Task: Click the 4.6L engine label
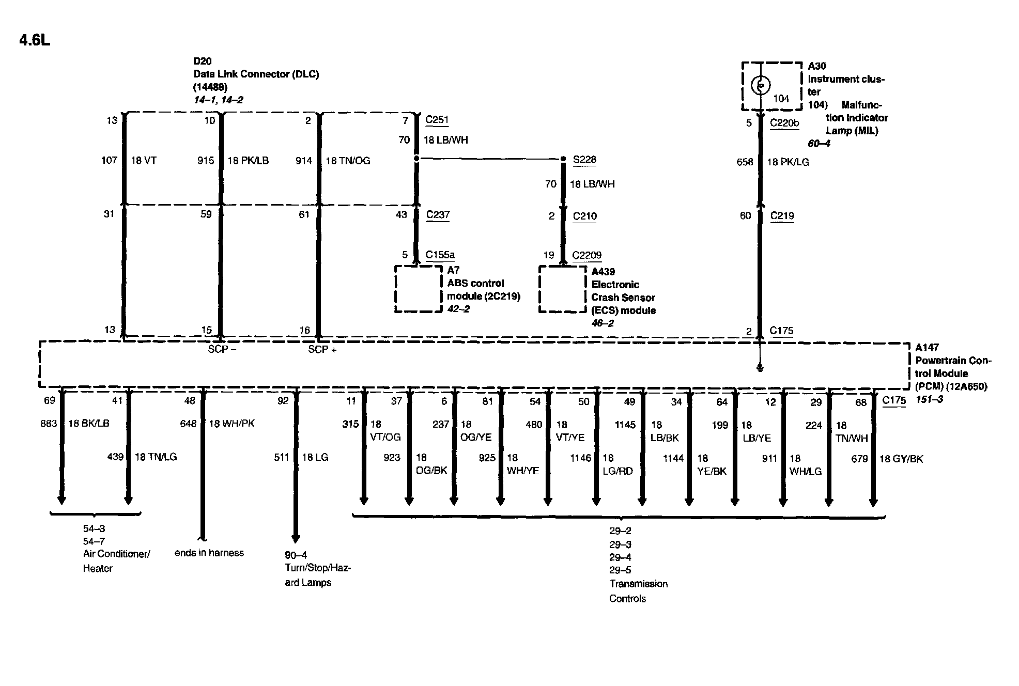(x=35, y=40)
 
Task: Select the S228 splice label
(x=584, y=160)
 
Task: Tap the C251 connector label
(x=437, y=120)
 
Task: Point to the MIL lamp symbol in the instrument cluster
(x=760, y=85)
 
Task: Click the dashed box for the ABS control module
(x=418, y=289)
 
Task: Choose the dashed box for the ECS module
(x=562, y=289)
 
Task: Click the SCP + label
(x=322, y=350)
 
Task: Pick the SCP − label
(x=222, y=350)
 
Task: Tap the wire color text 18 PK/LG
(x=788, y=162)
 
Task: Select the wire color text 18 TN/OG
(x=348, y=161)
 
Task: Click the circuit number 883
(x=49, y=424)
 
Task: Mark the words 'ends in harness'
(x=209, y=553)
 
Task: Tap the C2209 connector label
(x=586, y=255)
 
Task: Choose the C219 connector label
(x=782, y=216)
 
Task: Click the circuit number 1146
(x=580, y=458)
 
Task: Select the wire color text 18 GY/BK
(x=901, y=459)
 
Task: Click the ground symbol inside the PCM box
(x=760, y=368)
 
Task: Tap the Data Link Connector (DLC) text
(x=256, y=74)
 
